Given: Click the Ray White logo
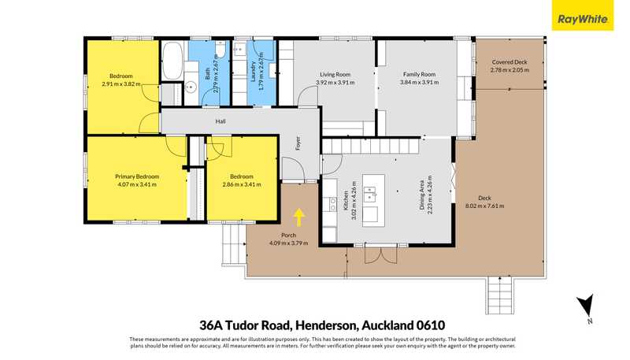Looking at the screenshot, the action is pos(582,15).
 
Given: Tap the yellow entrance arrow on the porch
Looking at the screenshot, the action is pos(299,217).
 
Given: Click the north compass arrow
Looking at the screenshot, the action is pos(585,306).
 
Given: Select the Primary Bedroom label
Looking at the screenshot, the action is pos(137,176).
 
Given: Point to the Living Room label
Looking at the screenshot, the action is pos(335,74).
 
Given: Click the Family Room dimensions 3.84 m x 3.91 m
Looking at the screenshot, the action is pos(419,83).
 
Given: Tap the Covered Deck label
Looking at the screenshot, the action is pos(510,62).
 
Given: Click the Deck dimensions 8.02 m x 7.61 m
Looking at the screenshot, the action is pos(484,206).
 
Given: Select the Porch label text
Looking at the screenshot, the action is pos(288,235).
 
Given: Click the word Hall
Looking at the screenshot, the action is pos(220,121).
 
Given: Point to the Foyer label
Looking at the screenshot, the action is pos(298,144).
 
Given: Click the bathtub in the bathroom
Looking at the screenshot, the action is pos(172,61).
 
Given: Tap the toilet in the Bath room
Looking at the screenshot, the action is pos(220,49).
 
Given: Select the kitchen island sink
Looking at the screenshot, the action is pos(370,194).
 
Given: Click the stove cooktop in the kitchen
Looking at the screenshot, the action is pos(332,204).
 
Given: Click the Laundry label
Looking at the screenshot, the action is pos(253,72).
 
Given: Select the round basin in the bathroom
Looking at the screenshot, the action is pos(191,86).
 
